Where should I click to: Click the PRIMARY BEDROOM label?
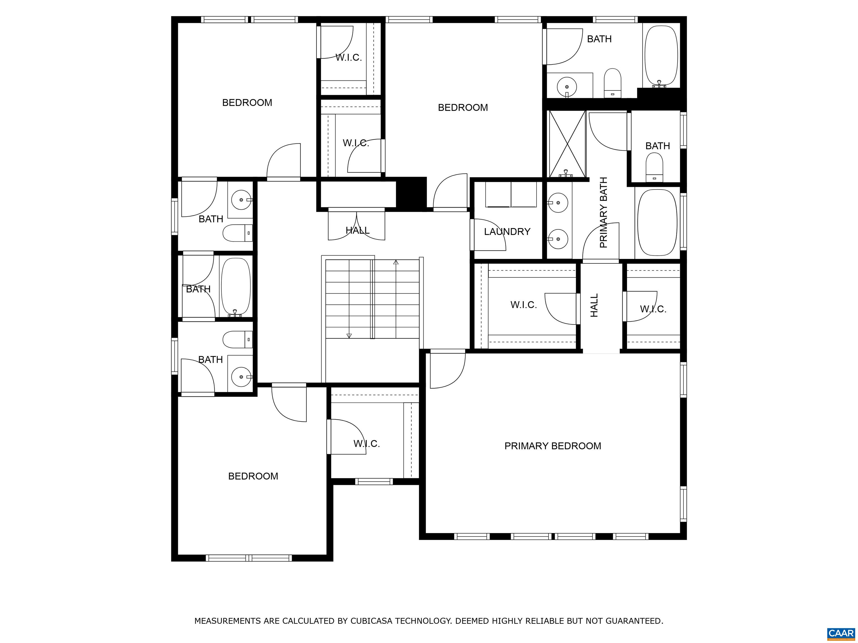click(552, 446)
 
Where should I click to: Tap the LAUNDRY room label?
click(507, 232)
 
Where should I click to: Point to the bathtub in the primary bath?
click(657, 222)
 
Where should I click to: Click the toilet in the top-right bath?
click(612, 83)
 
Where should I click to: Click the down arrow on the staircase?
click(349, 336)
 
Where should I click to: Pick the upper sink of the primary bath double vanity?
click(558, 202)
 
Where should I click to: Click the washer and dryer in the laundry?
click(511, 195)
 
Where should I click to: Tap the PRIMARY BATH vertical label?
click(603, 212)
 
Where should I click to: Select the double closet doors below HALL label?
click(356, 225)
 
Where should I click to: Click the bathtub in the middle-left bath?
click(235, 287)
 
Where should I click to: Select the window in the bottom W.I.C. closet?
click(374, 481)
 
